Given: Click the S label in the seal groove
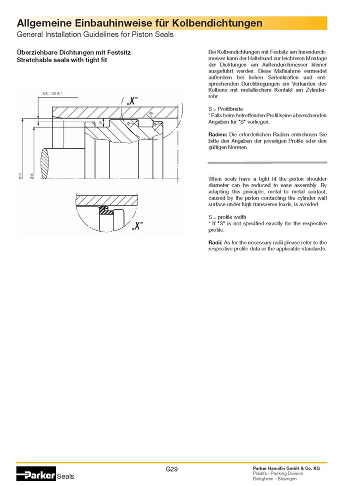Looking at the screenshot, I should tap(100, 122).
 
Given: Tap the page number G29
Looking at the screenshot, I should tap(172, 469).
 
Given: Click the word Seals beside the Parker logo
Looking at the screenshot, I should tap(65, 476).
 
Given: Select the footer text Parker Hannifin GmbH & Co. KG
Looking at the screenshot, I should tap(286, 467).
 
